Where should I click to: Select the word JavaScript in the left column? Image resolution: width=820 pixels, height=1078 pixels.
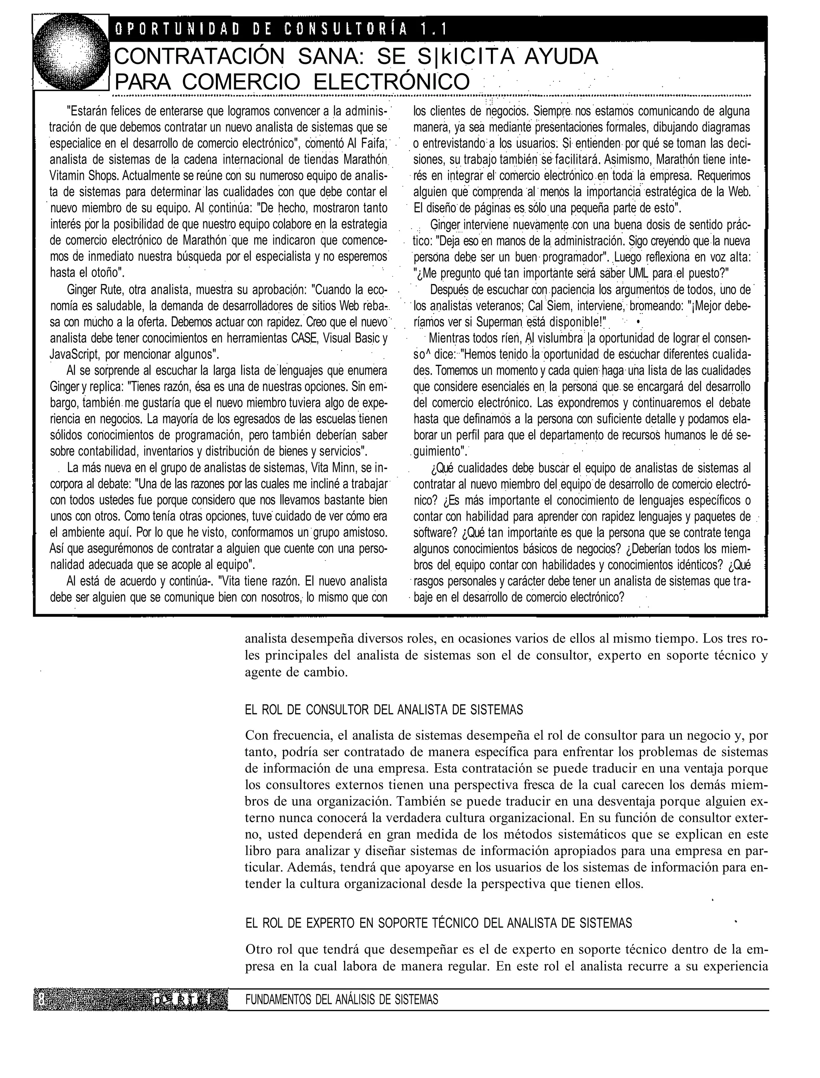[x=75, y=354]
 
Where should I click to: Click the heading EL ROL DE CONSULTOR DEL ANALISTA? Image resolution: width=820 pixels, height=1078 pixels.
[x=384, y=710]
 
